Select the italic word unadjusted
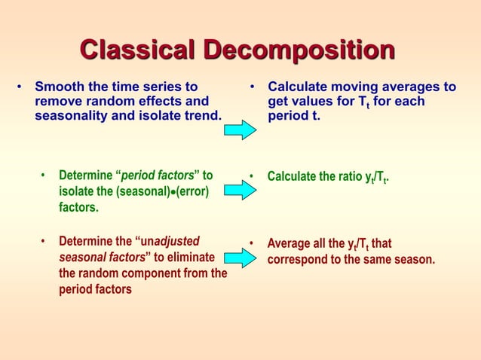(x=170, y=242)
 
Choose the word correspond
(x=296, y=259)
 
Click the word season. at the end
(x=414, y=259)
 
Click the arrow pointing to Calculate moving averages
(x=242, y=129)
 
